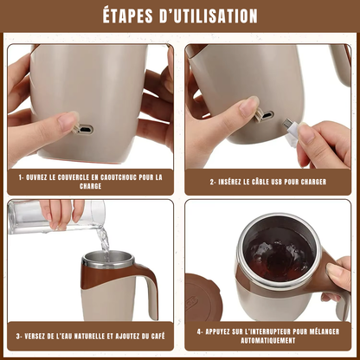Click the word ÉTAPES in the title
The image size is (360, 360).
coord(128,16)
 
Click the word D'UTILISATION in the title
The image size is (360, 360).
coord(209,16)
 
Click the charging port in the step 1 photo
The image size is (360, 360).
coord(86,129)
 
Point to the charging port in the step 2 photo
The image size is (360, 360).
coord(267,116)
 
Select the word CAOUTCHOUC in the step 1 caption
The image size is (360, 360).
coord(119,177)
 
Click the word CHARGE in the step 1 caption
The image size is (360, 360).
coord(91,186)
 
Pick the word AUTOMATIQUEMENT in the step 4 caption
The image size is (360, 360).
coord(268,341)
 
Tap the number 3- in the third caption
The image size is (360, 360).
coord(19,337)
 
